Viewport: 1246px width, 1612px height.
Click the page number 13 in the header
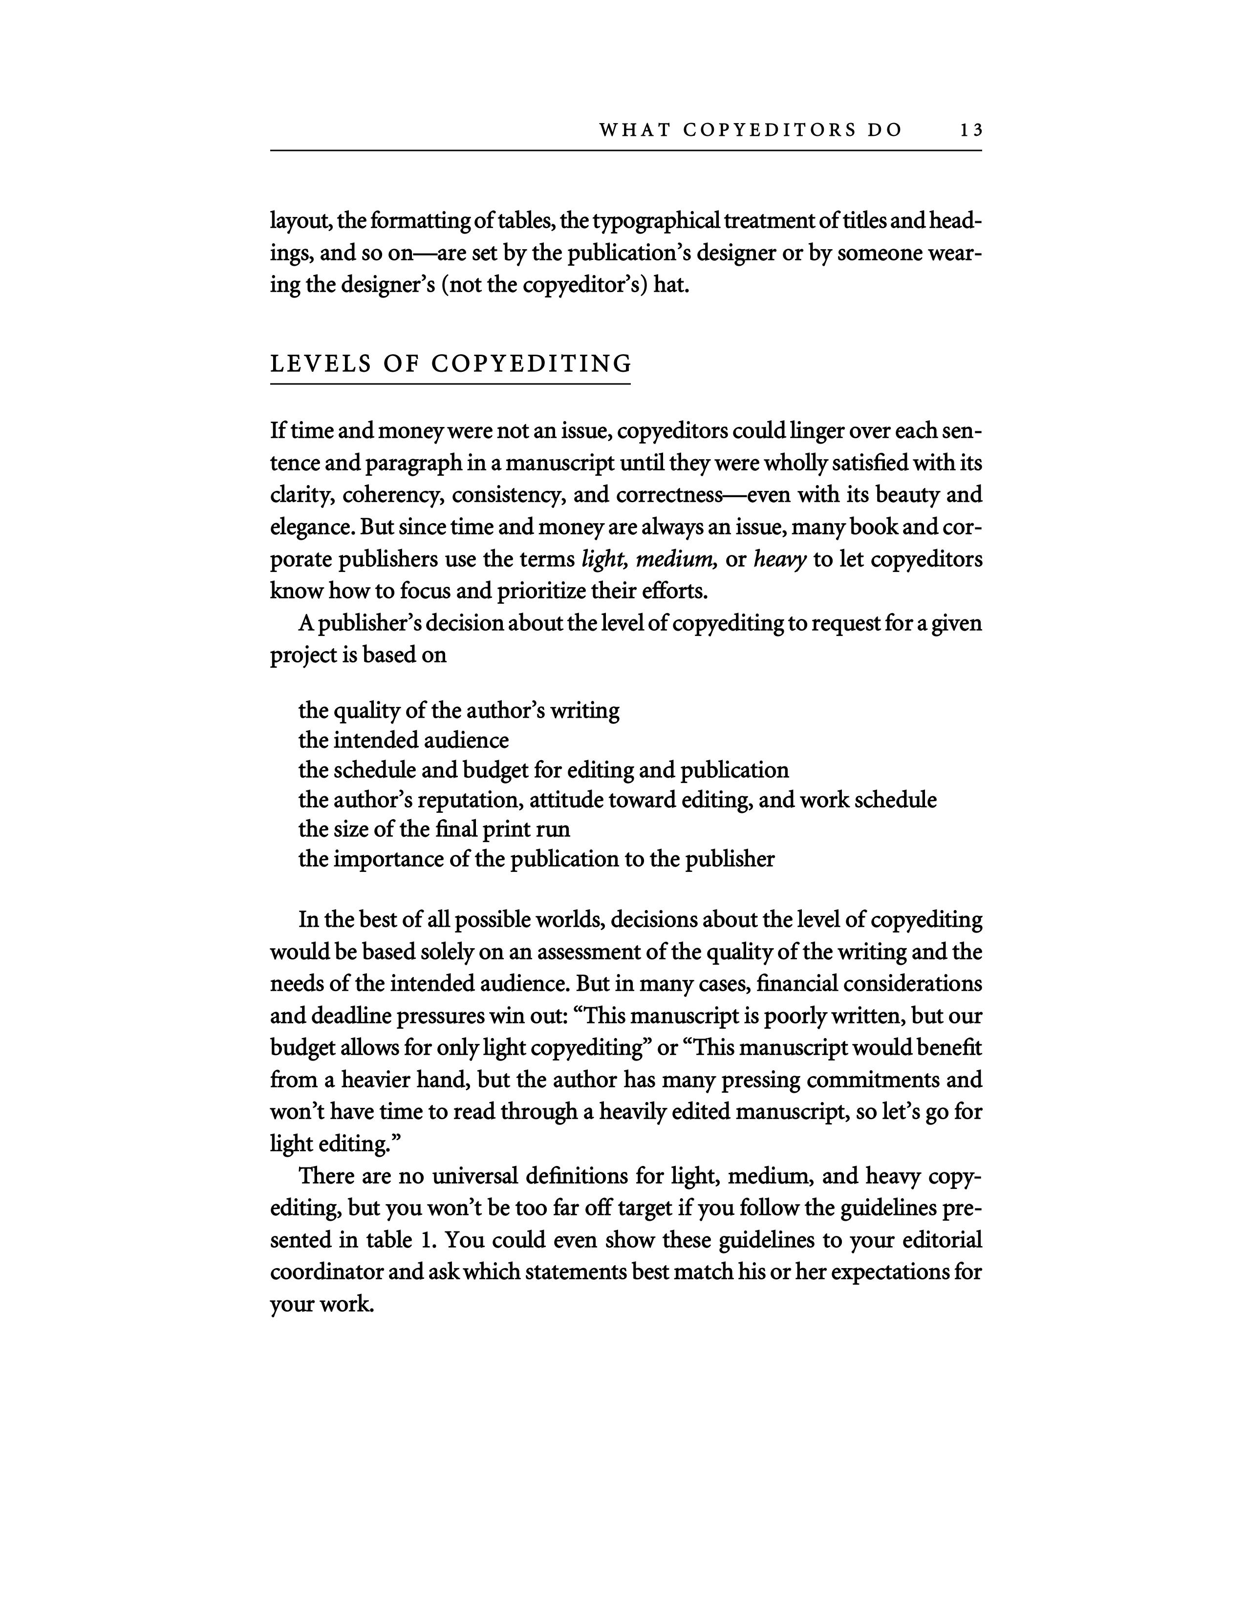coord(971,130)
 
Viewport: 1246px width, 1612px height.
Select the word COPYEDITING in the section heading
coord(532,364)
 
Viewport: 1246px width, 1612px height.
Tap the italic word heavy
coord(779,559)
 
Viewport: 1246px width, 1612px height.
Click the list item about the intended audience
coord(403,741)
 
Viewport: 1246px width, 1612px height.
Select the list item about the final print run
coord(434,829)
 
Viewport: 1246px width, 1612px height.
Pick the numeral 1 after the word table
coord(425,1240)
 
